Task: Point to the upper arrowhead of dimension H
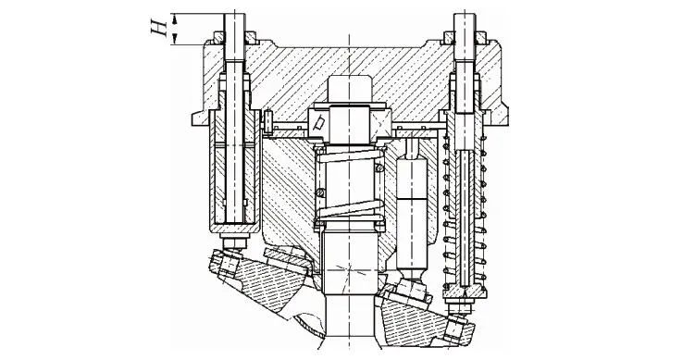pyautogui.click(x=174, y=18)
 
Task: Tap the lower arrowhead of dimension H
pyautogui.click(x=174, y=39)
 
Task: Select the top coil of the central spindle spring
pyautogui.click(x=350, y=154)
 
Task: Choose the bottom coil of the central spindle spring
pyautogui.click(x=350, y=210)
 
